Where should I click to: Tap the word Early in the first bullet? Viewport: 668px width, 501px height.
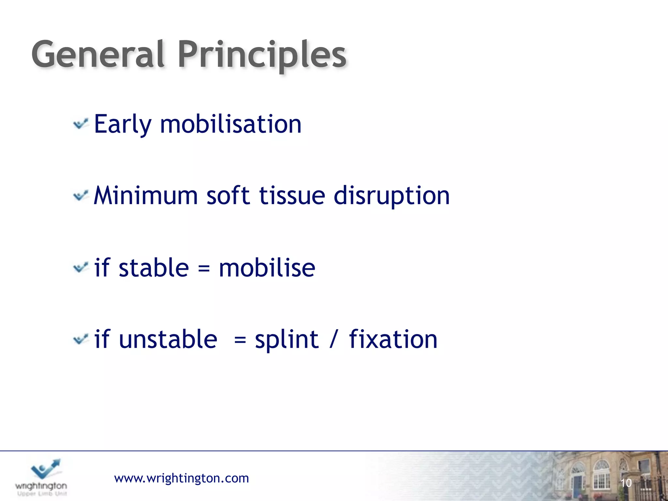(x=122, y=124)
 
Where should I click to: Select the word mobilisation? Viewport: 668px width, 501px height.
(x=231, y=124)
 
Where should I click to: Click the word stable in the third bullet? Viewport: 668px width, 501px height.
(x=154, y=268)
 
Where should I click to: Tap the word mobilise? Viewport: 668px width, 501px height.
(x=267, y=268)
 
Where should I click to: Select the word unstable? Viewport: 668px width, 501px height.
(x=168, y=340)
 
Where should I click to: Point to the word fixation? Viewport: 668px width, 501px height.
(x=393, y=340)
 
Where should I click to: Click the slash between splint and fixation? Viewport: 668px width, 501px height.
(x=333, y=340)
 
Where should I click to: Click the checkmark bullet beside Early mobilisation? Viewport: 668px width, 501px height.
(x=81, y=124)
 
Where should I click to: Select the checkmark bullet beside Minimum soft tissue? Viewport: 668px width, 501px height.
(x=81, y=196)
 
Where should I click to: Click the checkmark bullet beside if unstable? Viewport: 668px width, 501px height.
(x=81, y=339)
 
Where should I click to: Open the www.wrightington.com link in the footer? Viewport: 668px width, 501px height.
(x=181, y=478)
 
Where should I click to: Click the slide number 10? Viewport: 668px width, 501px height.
(x=626, y=483)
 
